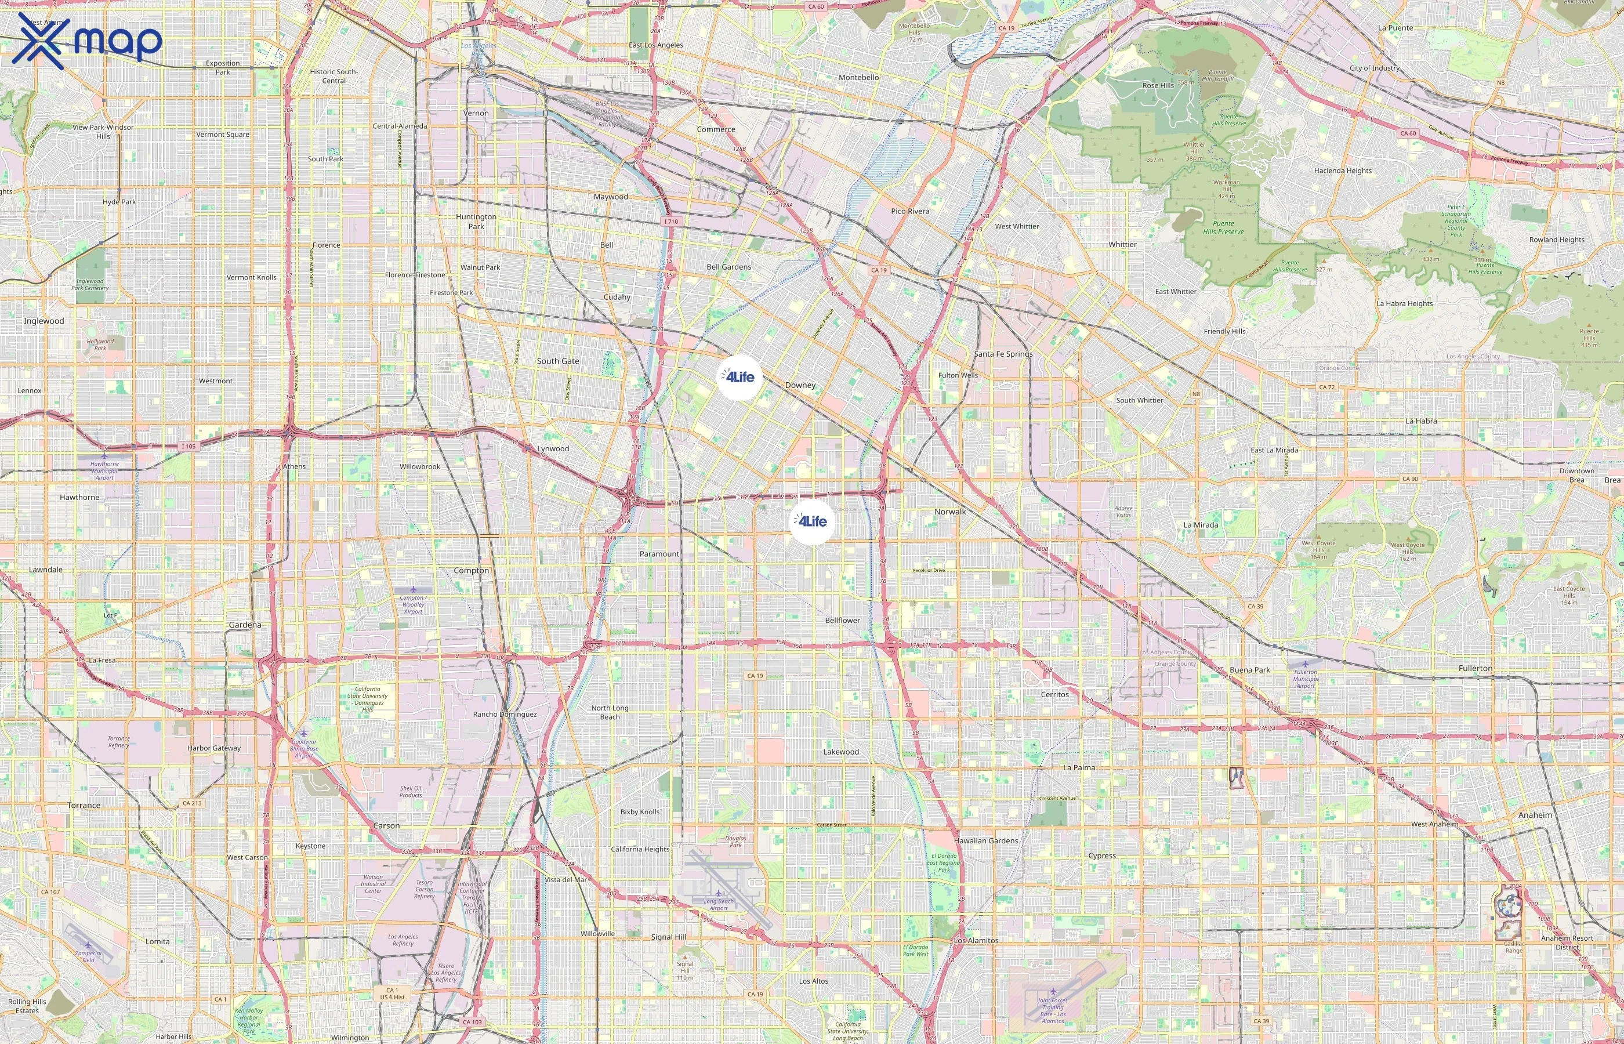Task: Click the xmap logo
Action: click(x=87, y=41)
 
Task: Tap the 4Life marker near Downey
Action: click(x=739, y=377)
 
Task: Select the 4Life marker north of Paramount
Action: click(x=812, y=521)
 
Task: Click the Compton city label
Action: click(x=471, y=571)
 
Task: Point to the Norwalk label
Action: click(x=949, y=512)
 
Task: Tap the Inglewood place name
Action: click(x=44, y=321)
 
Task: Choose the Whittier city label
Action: click(x=1122, y=245)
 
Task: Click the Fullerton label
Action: click(x=1475, y=668)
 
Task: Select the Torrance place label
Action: click(x=84, y=806)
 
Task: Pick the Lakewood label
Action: click(x=840, y=752)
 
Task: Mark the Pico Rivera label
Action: click(x=909, y=212)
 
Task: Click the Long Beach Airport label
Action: click(x=719, y=904)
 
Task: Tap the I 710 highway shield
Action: click(x=670, y=222)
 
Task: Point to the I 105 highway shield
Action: click(x=188, y=446)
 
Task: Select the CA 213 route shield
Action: click(x=192, y=803)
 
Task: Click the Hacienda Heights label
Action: click(x=1342, y=171)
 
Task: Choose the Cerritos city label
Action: click(x=1054, y=694)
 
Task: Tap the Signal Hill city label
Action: click(x=668, y=937)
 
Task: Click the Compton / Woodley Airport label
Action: click(x=413, y=604)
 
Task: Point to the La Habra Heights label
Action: click(x=1404, y=304)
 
